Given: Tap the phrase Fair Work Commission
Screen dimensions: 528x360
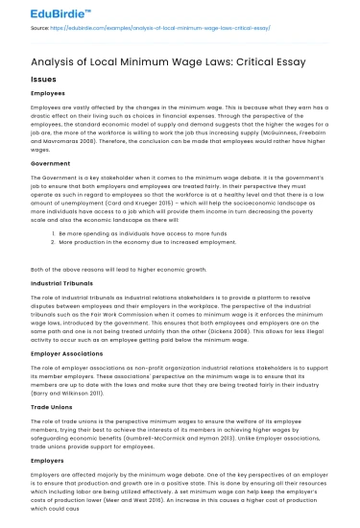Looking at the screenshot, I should tap(131, 322).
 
